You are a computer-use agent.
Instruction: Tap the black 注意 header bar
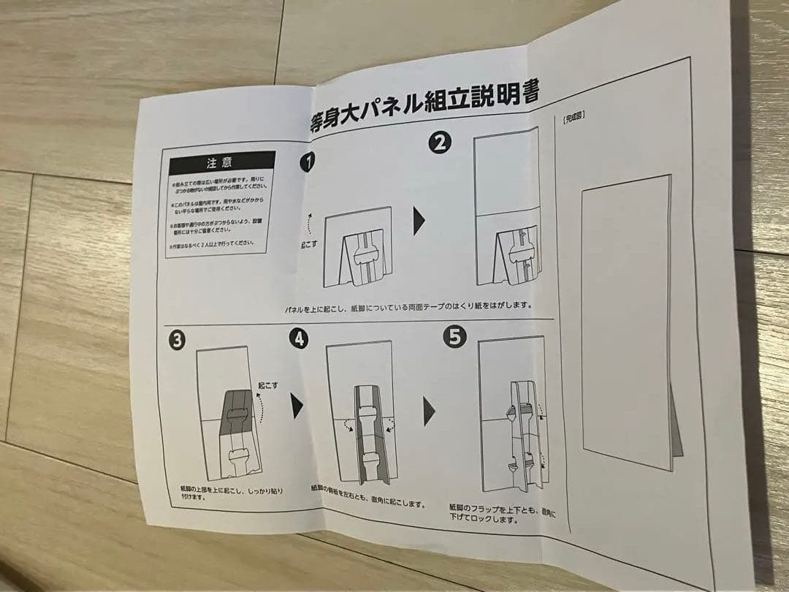tap(221, 162)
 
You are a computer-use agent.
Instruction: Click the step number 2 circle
tap(440, 143)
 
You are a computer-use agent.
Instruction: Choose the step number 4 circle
tap(298, 338)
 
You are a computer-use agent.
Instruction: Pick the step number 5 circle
tap(455, 338)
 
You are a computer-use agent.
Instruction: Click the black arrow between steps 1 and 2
tap(419, 221)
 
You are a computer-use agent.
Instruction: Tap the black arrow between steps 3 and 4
tap(297, 406)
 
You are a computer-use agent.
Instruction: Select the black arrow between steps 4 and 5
tap(429, 414)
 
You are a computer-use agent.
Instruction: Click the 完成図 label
tap(573, 116)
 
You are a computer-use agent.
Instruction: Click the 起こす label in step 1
tap(309, 243)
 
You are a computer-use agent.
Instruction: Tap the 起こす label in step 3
tap(267, 385)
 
